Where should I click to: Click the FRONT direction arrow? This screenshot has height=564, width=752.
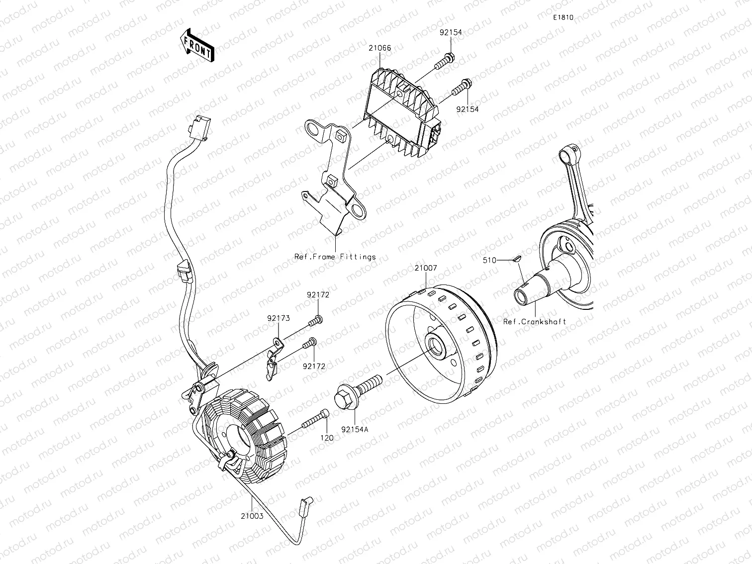[x=197, y=45]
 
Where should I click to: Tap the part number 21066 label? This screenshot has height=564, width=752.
[x=379, y=49]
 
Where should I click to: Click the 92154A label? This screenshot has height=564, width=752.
[x=355, y=429]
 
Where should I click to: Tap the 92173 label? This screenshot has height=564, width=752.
[x=278, y=318]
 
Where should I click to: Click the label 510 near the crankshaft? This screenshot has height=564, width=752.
[x=489, y=260]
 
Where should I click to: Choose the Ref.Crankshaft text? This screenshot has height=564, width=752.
[x=535, y=322]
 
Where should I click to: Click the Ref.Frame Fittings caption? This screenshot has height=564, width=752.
[x=335, y=257]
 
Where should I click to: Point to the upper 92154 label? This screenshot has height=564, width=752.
[x=450, y=32]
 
